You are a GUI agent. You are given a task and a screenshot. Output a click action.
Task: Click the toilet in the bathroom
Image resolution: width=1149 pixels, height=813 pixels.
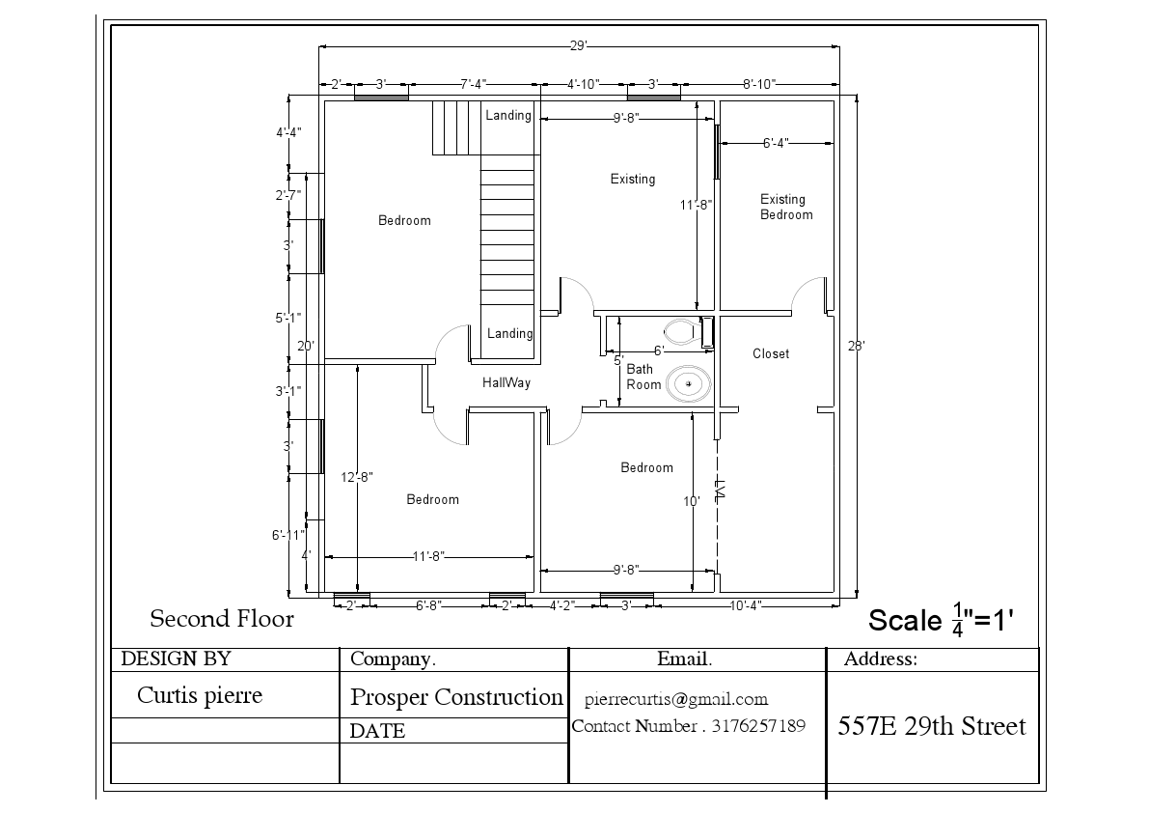point(686,331)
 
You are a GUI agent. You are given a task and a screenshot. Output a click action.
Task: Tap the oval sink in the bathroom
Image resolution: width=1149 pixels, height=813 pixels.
point(689,384)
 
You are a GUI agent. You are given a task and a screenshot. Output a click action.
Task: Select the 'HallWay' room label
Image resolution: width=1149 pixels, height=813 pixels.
point(506,382)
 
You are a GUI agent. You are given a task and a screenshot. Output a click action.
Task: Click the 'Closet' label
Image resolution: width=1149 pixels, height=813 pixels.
point(771,353)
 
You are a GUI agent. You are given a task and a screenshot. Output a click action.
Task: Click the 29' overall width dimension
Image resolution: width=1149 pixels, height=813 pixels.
point(578,45)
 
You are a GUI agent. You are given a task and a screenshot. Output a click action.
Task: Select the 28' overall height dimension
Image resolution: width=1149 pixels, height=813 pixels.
point(856,345)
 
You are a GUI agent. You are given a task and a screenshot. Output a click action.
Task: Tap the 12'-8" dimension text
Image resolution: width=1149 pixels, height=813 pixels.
point(357,476)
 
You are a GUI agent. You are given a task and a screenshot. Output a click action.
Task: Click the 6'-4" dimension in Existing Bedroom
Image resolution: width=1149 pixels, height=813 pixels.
point(776,143)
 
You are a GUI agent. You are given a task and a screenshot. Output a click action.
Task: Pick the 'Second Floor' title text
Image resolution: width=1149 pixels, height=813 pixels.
point(222,618)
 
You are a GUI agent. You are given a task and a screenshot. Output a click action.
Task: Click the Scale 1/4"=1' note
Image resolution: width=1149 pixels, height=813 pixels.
point(940,619)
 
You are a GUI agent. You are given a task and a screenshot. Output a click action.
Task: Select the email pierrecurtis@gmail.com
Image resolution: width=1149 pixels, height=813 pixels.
point(676,699)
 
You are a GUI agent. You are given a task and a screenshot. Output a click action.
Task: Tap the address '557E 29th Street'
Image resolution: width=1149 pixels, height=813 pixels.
point(932,726)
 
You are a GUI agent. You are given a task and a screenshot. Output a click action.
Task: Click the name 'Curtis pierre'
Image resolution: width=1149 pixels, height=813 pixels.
point(200,695)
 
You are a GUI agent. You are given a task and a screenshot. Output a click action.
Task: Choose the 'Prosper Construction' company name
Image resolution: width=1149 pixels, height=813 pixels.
point(456,696)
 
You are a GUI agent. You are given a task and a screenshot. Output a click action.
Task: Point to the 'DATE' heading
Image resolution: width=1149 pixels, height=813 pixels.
point(377,731)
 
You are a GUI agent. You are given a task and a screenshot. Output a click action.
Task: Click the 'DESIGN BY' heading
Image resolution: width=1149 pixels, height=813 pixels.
point(177,659)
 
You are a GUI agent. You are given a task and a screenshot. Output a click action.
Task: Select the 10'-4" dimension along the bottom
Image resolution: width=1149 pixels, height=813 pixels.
point(745,605)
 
